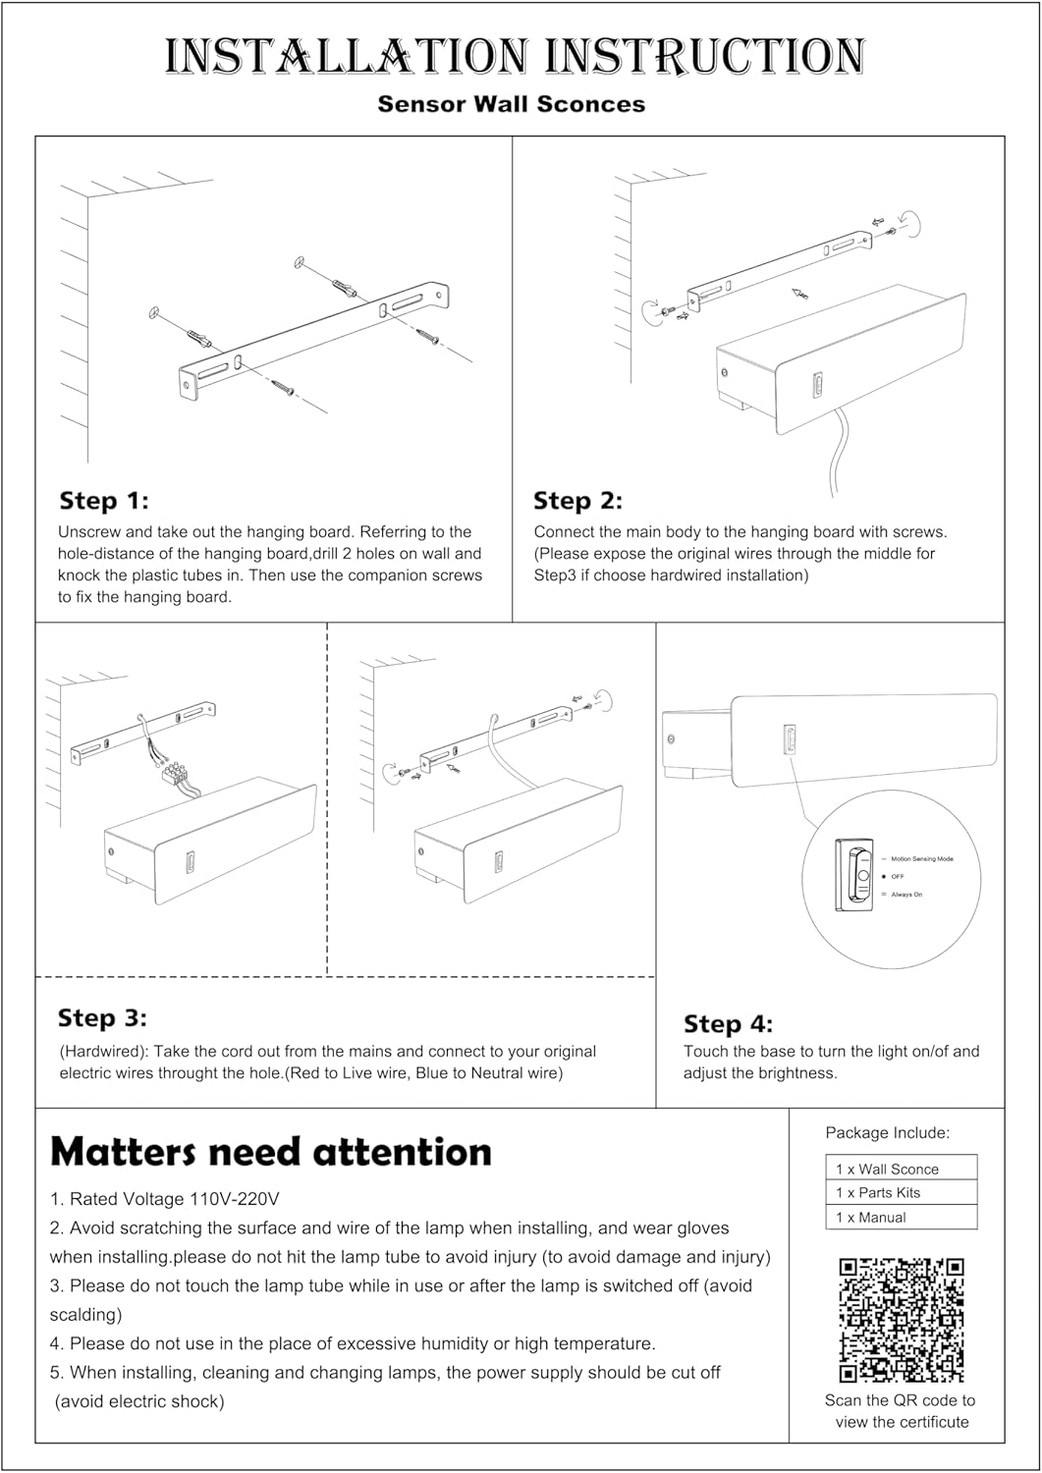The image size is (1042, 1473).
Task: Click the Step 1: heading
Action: (x=104, y=501)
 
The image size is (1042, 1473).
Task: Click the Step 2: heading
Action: (x=577, y=501)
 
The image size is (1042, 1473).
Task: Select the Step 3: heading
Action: (x=102, y=1018)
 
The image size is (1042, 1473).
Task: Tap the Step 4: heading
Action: (x=728, y=1024)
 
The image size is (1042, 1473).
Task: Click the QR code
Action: (x=901, y=1320)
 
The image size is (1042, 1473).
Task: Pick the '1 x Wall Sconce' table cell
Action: (x=901, y=1169)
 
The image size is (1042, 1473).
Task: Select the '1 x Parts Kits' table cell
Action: (x=901, y=1192)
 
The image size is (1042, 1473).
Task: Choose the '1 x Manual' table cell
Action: (x=901, y=1217)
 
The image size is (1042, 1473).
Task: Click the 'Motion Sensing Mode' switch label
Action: (x=922, y=859)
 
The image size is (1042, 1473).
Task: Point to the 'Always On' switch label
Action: (x=906, y=895)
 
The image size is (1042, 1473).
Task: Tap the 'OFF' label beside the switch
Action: (x=898, y=876)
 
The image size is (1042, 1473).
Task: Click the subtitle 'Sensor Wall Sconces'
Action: (x=511, y=104)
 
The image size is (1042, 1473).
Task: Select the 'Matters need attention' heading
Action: (x=271, y=1151)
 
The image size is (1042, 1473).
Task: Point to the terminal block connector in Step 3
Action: (x=176, y=772)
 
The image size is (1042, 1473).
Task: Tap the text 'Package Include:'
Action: (x=887, y=1132)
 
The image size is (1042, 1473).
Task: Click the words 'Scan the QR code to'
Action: (x=900, y=1400)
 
